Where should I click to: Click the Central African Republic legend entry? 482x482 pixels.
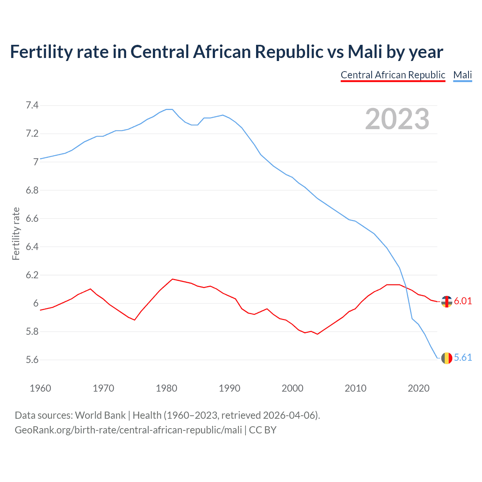click(393, 75)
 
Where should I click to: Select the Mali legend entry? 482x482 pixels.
click(462, 75)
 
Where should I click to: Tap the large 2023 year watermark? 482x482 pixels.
click(397, 119)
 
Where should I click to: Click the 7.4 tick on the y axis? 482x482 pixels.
click(32, 105)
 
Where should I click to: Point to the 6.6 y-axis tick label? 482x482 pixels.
click(32, 219)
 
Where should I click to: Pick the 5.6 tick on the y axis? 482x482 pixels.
click(32, 360)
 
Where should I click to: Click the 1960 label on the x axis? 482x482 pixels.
click(40, 388)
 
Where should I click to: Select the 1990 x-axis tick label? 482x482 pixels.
click(229, 388)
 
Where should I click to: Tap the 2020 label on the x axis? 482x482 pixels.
click(418, 388)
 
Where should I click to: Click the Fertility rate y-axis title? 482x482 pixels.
click(16, 233)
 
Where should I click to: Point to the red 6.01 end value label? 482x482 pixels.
click(463, 301)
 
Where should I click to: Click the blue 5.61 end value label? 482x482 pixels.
click(463, 357)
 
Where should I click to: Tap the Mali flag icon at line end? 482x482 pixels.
click(447, 358)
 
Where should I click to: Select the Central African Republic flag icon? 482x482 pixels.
click(447, 302)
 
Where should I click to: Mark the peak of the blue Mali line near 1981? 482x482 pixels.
click(169, 109)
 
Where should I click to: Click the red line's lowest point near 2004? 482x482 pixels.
click(317, 334)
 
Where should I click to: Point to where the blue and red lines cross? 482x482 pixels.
click(406, 287)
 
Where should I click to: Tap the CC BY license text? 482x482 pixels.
click(262, 430)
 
